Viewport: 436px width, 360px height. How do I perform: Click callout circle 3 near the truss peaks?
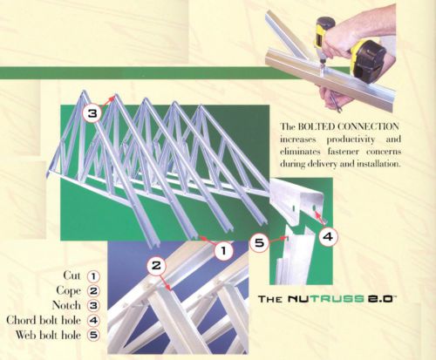[92, 113]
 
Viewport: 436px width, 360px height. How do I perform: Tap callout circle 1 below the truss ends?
[224, 250]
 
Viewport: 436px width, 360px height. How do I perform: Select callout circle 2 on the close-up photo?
[156, 265]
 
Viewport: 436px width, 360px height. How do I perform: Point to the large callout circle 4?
[328, 237]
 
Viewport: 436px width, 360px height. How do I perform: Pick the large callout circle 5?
[260, 242]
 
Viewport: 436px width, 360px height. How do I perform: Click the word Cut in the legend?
[72, 275]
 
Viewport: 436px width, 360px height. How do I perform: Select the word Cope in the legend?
[68, 290]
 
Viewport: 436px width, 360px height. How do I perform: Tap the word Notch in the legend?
[66, 305]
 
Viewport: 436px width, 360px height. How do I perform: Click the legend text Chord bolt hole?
[44, 320]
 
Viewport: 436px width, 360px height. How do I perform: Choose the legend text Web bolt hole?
[48, 335]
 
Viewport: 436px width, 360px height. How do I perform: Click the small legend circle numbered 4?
[93, 320]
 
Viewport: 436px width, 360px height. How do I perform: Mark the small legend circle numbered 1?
[93, 276]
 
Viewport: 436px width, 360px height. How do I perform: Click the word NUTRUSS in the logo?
[326, 299]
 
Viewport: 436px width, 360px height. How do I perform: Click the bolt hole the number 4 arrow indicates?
[314, 208]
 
